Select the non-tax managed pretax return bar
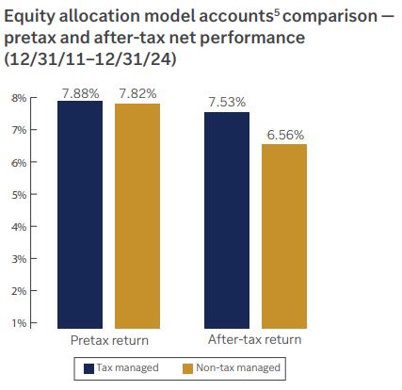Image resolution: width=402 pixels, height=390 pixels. click(x=137, y=216)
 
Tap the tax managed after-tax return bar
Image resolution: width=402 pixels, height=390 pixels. click(x=227, y=219)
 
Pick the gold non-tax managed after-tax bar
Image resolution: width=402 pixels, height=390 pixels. click(x=284, y=236)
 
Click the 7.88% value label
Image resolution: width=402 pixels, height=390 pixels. click(x=80, y=92)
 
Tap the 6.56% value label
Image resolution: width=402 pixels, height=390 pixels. click(x=284, y=135)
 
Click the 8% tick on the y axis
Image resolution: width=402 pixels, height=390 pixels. click(x=18, y=98)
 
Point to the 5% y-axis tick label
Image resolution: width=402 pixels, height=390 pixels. click(x=18, y=194)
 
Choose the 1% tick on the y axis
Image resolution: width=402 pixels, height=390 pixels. click(x=18, y=323)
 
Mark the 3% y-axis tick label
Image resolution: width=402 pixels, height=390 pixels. click(x=18, y=258)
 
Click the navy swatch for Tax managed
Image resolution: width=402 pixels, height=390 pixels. click(x=90, y=368)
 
